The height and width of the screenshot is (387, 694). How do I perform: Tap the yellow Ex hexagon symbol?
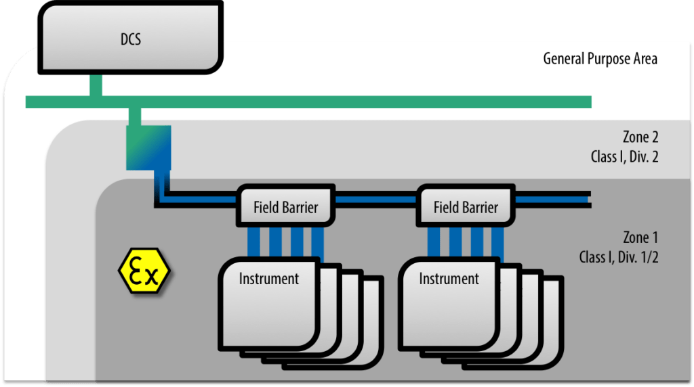(x=144, y=270)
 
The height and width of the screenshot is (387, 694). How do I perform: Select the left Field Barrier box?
(x=285, y=206)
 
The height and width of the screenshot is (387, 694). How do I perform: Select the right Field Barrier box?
(x=466, y=206)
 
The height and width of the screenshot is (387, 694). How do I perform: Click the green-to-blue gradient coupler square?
(x=148, y=147)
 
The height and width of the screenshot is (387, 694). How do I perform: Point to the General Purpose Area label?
(x=600, y=59)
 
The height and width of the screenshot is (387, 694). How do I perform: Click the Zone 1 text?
(x=640, y=237)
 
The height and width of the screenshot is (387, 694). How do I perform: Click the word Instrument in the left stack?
(x=269, y=278)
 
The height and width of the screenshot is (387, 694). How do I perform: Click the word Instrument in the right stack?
(x=449, y=278)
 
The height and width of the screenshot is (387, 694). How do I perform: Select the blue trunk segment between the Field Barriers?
(x=375, y=199)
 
